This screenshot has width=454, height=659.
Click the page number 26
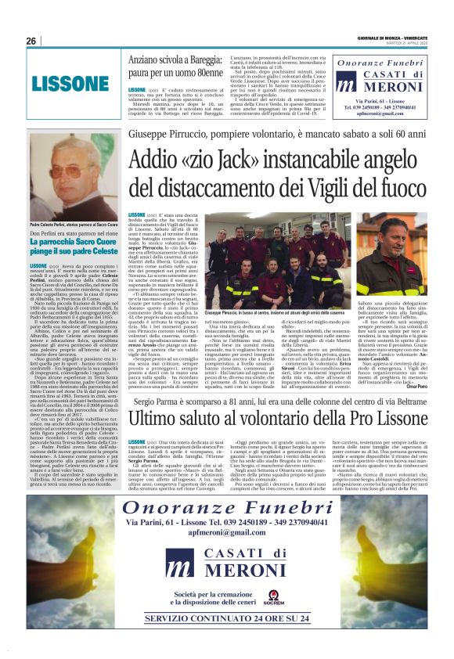31,41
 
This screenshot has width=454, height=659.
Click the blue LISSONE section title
65,81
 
